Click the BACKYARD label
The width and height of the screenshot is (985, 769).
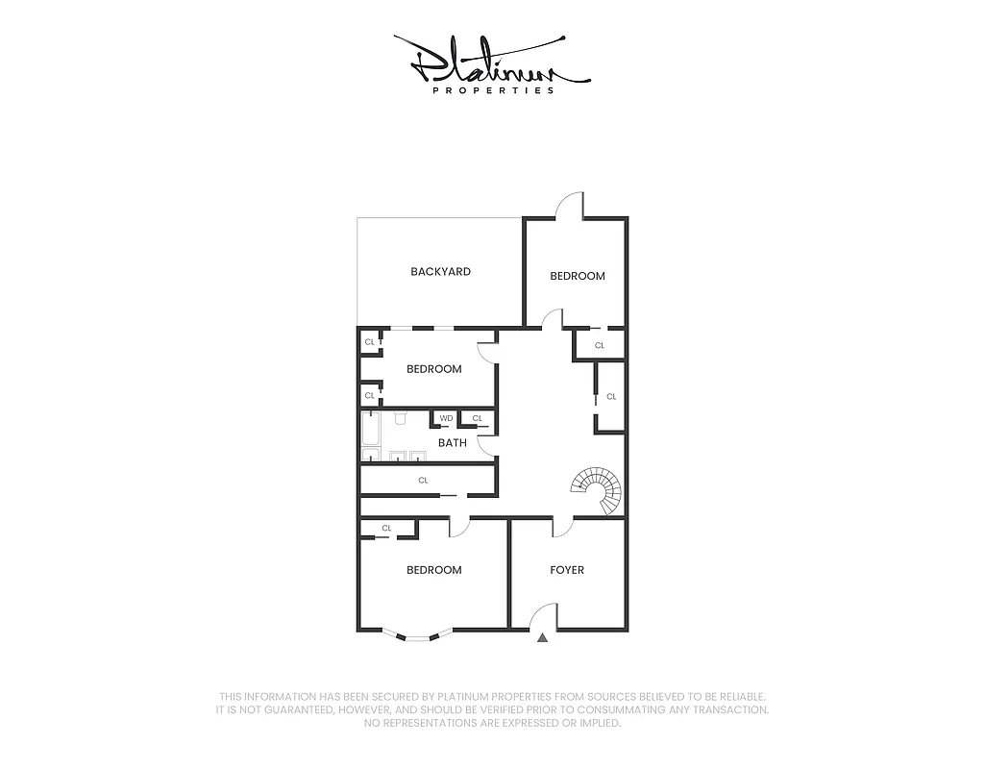(x=440, y=272)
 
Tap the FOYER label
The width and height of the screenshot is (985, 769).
(x=567, y=570)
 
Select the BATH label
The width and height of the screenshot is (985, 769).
(x=452, y=443)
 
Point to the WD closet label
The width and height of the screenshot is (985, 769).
(x=446, y=418)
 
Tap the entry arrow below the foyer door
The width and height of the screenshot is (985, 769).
(x=543, y=636)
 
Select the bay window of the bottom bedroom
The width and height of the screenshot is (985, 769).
(x=412, y=635)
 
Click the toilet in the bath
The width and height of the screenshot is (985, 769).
(x=402, y=417)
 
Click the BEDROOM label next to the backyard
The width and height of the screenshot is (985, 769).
(x=578, y=276)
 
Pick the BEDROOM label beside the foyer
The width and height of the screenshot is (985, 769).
(x=433, y=570)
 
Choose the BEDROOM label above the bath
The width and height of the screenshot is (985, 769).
(x=433, y=369)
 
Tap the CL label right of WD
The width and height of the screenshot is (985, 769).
(x=477, y=418)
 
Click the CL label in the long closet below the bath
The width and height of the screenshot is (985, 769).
(x=423, y=480)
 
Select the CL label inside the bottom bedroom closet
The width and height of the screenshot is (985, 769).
(x=387, y=528)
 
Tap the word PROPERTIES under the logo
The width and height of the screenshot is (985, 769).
(x=493, y=90)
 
